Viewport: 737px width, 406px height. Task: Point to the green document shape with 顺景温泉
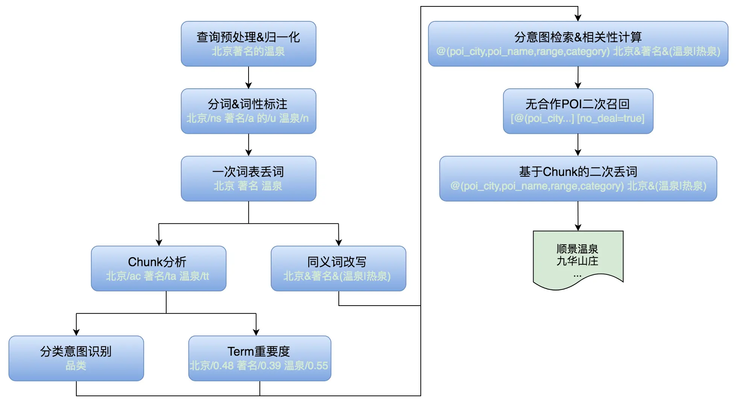pyautogui.click(x=578, y=259)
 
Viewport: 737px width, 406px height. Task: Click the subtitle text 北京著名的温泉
pyautogui.click(x=248, y=52)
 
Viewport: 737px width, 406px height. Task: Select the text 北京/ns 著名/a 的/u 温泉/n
pyautogui.click(x=248, y=118)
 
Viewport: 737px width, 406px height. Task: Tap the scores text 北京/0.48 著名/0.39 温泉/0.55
pyautogui.click(x=259, y=366)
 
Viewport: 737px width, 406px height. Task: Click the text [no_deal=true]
pyautogui.click(x=611, y=119)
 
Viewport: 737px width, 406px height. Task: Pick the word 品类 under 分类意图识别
pyautogui.click(x=76, y=366)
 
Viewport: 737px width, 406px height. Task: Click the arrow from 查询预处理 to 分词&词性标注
pyautogui.click(x=249, y=78)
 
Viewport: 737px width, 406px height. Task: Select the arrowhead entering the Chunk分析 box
pyautogui.click(x=159, y=243)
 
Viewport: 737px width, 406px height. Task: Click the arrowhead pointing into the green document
pyautogui.click(x=578, y=227)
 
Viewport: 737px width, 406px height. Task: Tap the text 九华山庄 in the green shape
pyautogui.click(x=577, y=261)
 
